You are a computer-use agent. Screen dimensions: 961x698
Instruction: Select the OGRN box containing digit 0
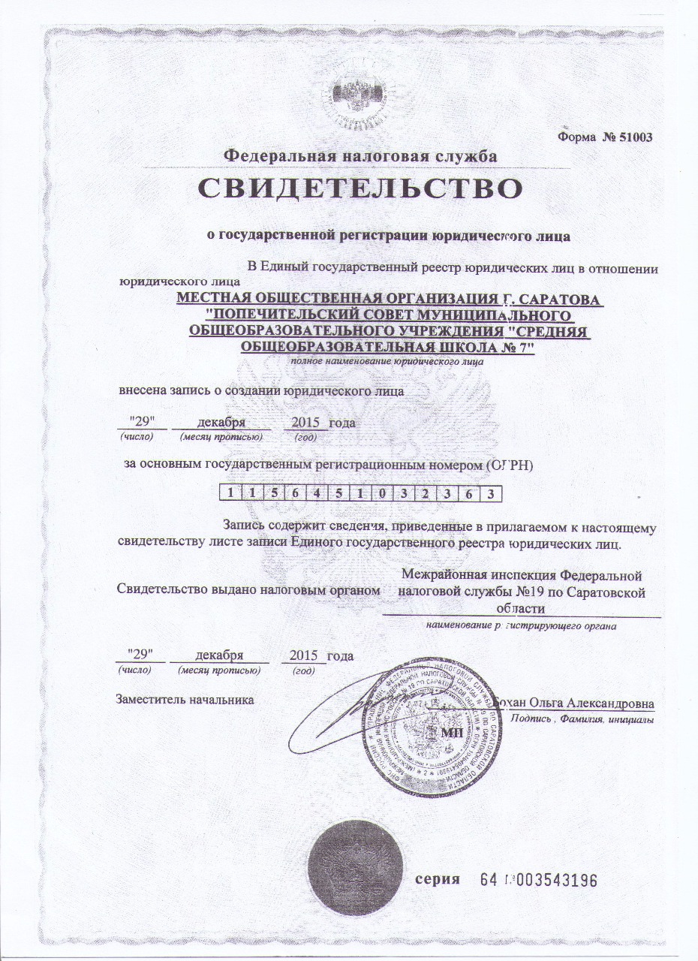point(383,493)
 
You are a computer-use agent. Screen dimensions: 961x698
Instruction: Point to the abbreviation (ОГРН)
point(508,465)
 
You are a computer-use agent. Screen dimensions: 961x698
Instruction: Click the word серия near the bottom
point(438,879)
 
